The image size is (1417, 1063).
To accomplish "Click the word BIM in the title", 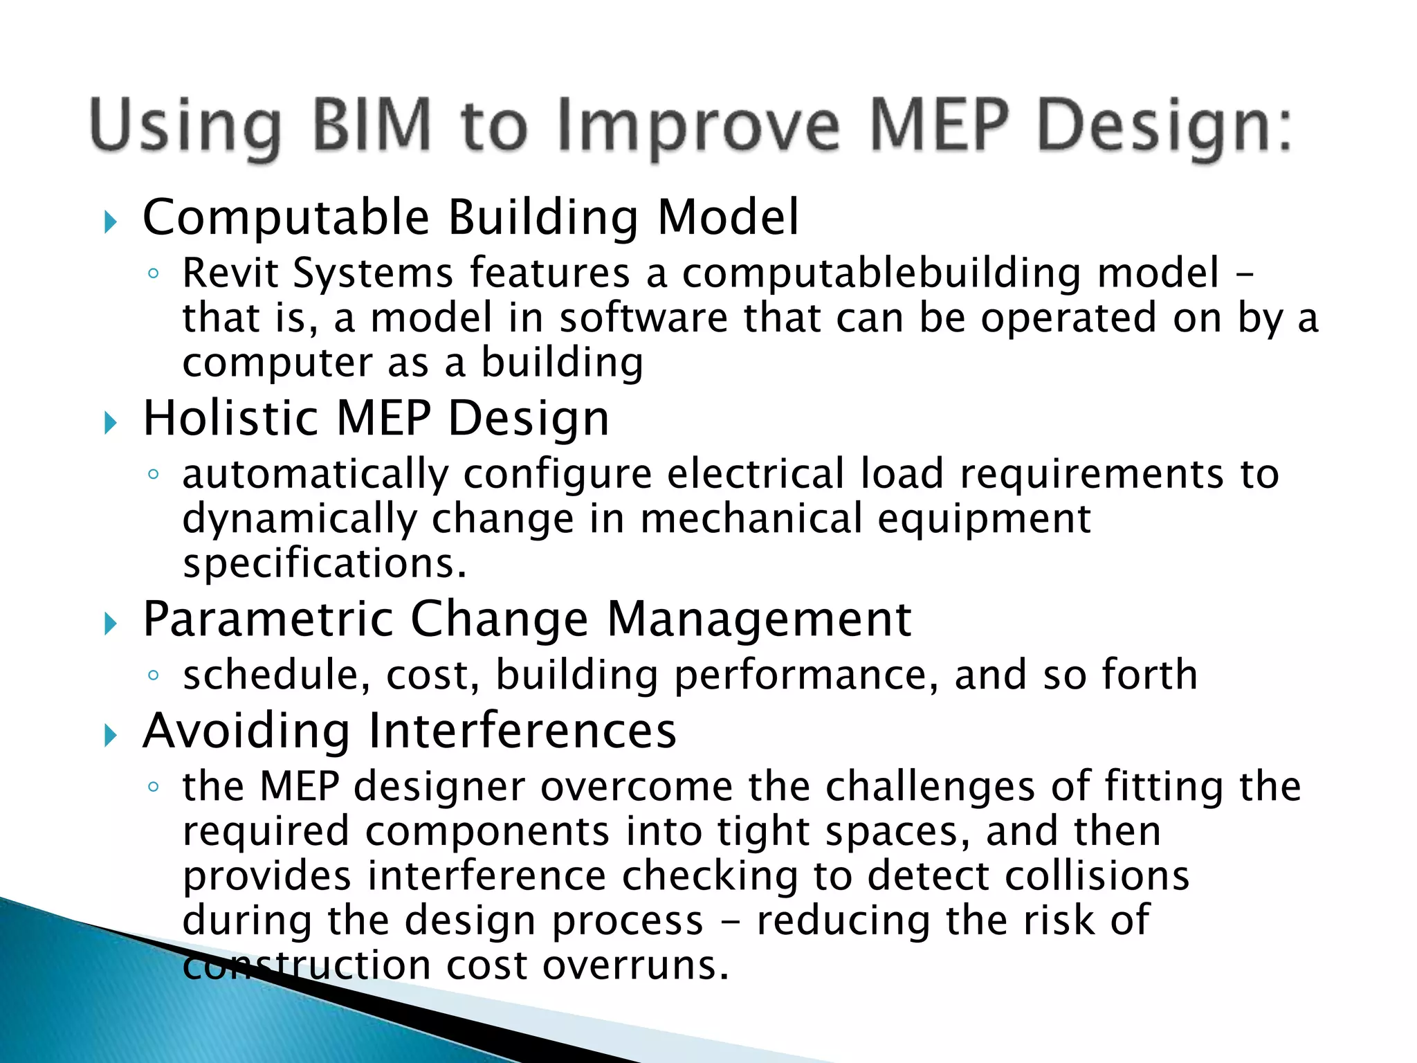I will (x=372, y=126).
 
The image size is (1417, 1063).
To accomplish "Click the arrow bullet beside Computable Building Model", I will (x=111, y=223).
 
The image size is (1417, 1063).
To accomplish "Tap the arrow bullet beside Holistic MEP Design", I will (x=111, y=423).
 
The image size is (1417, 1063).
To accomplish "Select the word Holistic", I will (x=230, y=418).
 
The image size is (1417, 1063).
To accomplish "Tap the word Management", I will (x=758, y=619).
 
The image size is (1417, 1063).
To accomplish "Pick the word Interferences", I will (x=522, y=731).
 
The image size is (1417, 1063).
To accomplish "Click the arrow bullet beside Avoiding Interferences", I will (x=111, y=736).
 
